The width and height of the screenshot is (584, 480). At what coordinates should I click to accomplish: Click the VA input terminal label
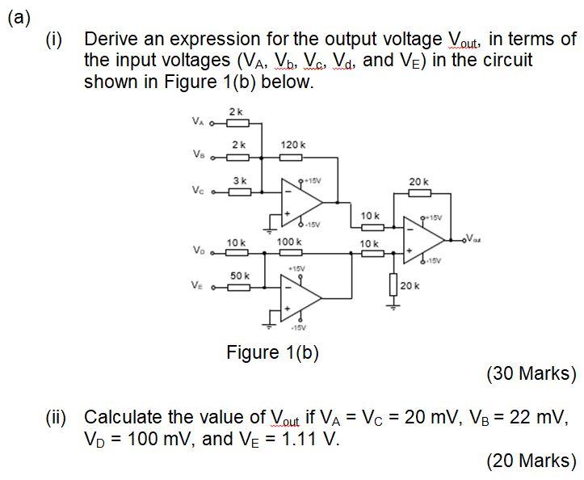tap(197, 123)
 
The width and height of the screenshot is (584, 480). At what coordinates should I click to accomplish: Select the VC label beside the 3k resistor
tap(197, 191)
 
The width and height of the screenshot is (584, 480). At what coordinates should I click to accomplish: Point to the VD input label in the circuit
tap(197, 249)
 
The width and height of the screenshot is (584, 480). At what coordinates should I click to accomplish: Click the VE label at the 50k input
tap(197, 284)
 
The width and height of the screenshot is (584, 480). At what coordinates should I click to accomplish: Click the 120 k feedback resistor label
tap(292, 144)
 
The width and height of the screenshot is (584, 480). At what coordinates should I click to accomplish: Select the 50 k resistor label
tap(239, 276)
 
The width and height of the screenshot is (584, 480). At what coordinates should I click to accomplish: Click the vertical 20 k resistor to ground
tap(393, 284)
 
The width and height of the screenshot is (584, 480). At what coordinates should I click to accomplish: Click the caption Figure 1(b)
tap(273, 353)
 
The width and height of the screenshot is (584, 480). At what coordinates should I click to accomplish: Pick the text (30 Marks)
tap(531, 373)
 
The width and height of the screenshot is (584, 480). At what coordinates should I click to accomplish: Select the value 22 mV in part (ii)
tap(538, 418)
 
